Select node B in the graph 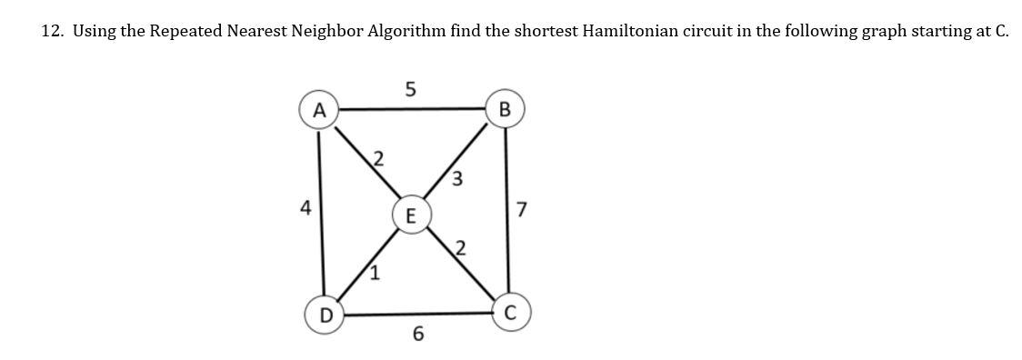[x=506, y=110]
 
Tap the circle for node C [x=510, y=314]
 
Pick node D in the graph [x=324, y=315]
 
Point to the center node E [x=411, y=215]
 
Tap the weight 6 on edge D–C [x=417, y=335]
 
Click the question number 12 [x=52, y=31]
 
